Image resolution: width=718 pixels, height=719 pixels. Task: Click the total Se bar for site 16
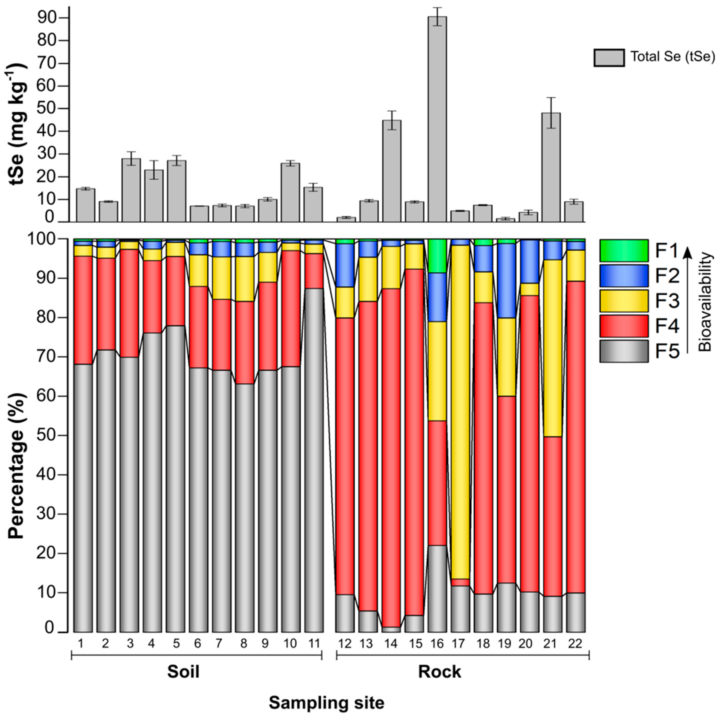(x=437, y=119)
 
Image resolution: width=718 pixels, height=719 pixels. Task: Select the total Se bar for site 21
(x=551, y=168)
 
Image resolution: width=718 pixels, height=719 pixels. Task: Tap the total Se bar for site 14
(x=391, y=171)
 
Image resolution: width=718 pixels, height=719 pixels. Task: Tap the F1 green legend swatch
(x=624, y=250)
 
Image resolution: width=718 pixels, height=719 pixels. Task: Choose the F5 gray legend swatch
(x=624, y=351)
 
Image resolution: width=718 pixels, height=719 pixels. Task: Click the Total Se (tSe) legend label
(x=672, y=57)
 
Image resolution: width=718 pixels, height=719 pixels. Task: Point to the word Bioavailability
(x=705, y=302)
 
